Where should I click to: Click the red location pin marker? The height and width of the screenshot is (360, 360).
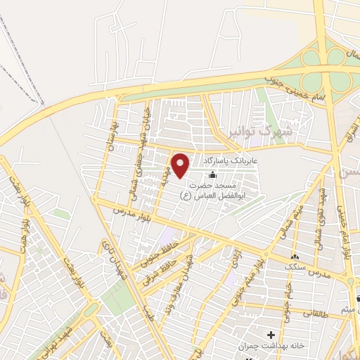[181, 165]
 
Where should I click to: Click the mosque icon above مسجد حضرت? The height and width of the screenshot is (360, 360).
[212, 174]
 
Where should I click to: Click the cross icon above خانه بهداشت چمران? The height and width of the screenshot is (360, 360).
[271, 334]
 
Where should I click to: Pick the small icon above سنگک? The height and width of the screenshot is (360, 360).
[295, 257]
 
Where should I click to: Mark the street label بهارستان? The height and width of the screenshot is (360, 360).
[108, 130]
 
